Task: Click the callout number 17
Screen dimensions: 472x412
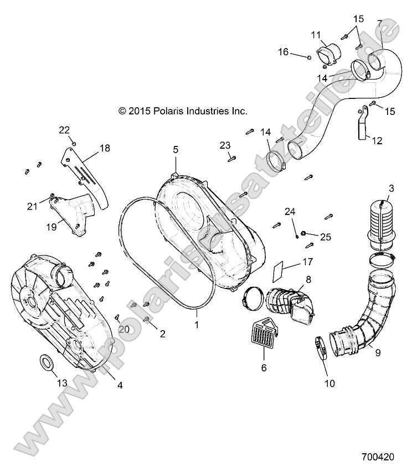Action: point(307,261)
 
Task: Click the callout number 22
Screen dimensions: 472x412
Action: point(65,130)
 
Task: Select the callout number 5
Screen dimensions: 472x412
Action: point(176,149)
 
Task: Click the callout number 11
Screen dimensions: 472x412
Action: point(316,35)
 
